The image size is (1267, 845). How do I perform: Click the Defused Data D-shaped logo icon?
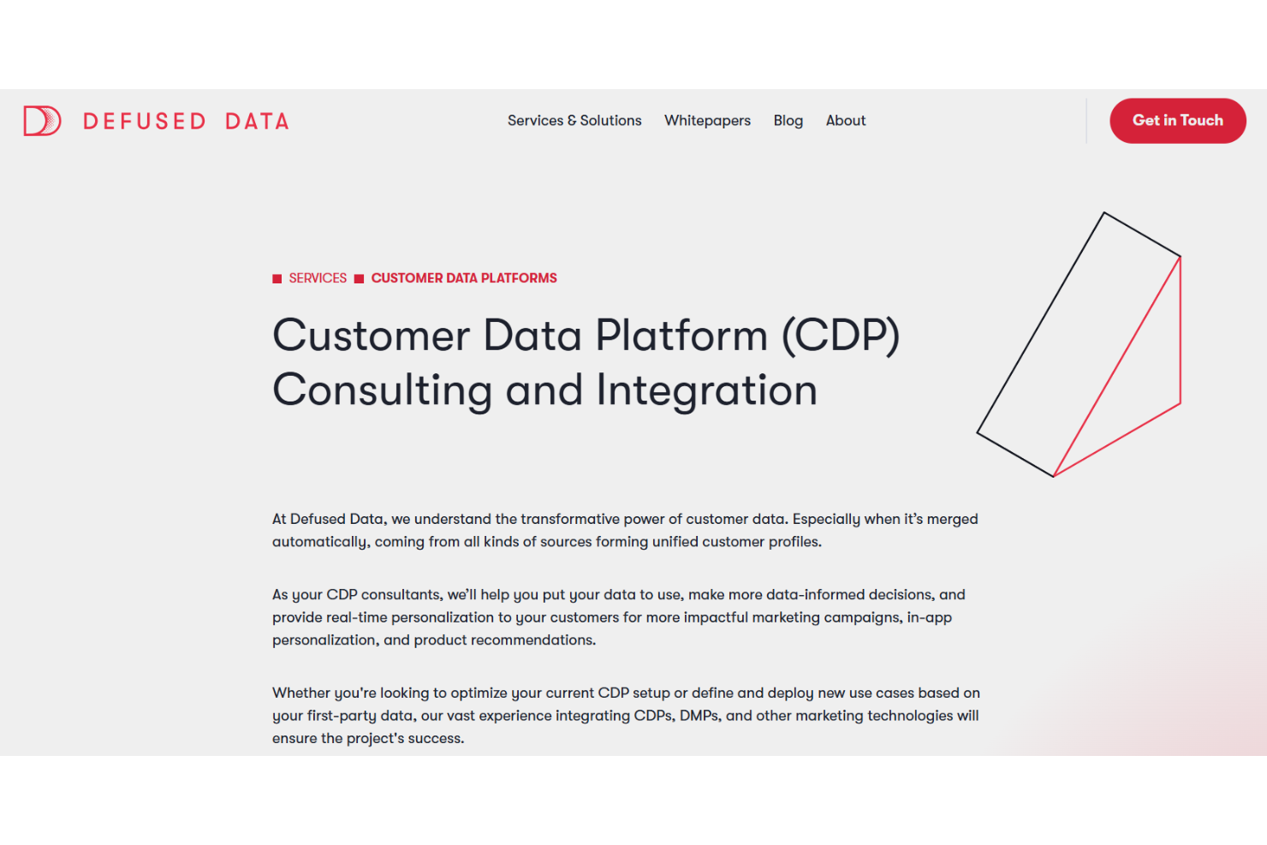pyautogui.click(x=42, y=121)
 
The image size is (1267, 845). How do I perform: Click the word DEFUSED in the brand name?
pyautogui.click(x=145, y=122)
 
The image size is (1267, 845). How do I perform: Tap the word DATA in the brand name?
pyautogui.click(x=257, y=122)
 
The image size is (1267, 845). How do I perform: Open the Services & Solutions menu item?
pyautogui.click(x=574, y=121)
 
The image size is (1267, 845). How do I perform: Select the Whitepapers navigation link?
pyautogui.click(x=707, y=121)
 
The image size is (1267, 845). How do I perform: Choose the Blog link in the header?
pyautogui.click(x=788, y=121)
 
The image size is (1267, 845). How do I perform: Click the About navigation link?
pyautogui.click(x=846, y=121)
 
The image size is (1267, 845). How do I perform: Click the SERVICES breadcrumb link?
pyautogui.click(x=318, y=278)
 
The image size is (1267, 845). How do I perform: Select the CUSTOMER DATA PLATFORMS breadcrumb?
pyautogui.click(x=464, y=278)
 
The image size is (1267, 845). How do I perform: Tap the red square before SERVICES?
pyautogui.click(x=277, y=279)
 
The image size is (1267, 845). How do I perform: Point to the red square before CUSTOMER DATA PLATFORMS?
pyautogui.click(x=360, y=279)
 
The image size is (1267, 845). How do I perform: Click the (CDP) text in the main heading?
pyautogui.click(x=841, y=336)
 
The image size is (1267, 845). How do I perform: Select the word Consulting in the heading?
pyautogui.click(x=382, y=390)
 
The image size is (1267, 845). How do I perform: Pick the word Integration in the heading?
pyautogui.click(x=707, y=390)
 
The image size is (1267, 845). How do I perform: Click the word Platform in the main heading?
pyautogui.click(x=681, y=336)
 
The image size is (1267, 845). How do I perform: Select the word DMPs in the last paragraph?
pyautogui.click(x=699, y=716)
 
